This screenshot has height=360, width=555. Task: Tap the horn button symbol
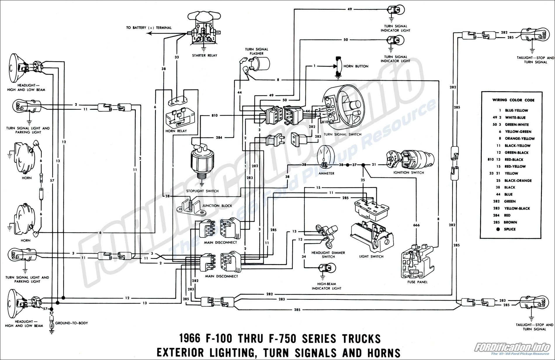339,66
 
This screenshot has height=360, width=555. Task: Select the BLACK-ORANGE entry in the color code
518,181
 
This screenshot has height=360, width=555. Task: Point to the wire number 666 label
416,225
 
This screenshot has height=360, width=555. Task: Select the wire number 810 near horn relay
214,116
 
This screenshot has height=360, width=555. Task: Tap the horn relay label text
176,131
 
